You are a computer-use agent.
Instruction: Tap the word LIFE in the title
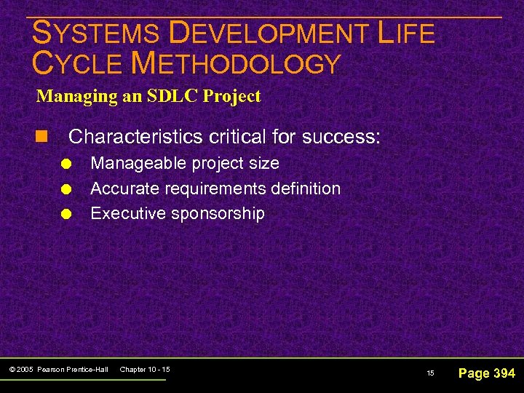point(406,33)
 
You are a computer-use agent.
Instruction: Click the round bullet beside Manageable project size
point(65,164)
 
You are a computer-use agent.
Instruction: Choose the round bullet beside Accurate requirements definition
point(65,189)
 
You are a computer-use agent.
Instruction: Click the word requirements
point(211,188)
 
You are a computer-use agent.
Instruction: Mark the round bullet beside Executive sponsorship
point(65,215)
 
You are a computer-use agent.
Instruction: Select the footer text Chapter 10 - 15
point(144,370)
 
